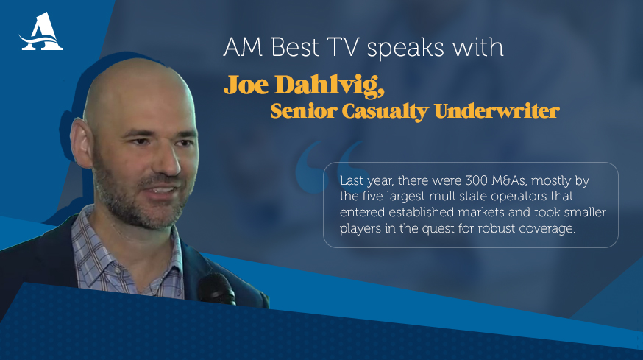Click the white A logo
(x=41, y=32)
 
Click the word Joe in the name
(x=246, y=85)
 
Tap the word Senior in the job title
(x=303, y=111)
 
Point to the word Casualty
(x=385, y=112)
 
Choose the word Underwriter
(x=497, y=111)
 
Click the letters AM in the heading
(x=243, y=47)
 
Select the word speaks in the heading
(x=405, y=48)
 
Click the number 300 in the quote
(x=476, y=180)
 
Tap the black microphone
(x=216, y=289)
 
